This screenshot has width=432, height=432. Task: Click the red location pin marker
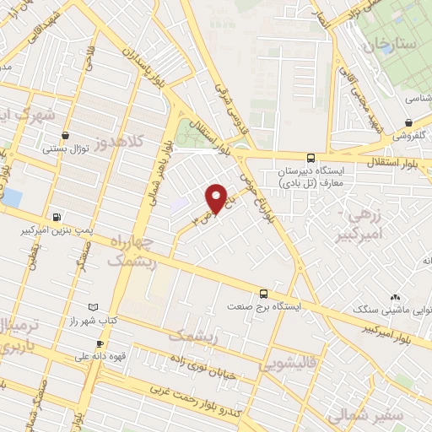point(218,197)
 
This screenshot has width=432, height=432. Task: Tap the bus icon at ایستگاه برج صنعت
point(264,294)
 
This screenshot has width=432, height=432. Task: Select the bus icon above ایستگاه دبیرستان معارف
point(311,158)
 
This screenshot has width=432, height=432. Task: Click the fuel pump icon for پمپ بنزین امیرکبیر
point(57,216)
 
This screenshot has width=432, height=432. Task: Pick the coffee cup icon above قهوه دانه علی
point(100,344)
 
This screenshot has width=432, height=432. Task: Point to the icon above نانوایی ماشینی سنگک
point(395,297)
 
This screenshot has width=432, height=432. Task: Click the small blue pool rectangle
point(12,198)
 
